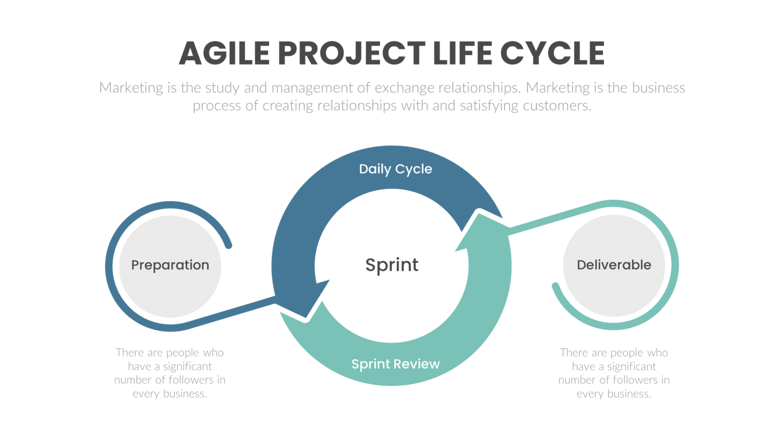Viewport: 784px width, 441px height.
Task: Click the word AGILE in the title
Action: click(224, 53)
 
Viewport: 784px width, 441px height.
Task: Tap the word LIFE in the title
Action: click(462, 53)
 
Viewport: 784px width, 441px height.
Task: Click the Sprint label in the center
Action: click(391, 265)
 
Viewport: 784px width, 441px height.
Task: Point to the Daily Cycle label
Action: click(395, 169)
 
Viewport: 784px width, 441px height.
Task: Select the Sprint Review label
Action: click(395, 364)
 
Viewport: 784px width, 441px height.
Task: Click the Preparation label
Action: click(170, 265)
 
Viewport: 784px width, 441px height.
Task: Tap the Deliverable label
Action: click(614, 265)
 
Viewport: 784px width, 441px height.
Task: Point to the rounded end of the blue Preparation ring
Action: click(229, 246)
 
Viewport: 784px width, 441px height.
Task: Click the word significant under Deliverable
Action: click(631, 366)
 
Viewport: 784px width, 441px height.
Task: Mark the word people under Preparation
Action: click(183, 353)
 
